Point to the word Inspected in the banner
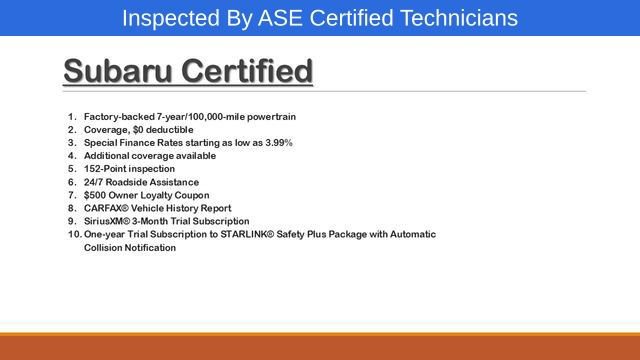click(x=169, y=18)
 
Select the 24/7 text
click(x=96, y=182)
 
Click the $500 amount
click(x=97, y=195)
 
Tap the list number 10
click(x=74, y=234)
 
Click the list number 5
click(x=72, y=169)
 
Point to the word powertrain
click(x=270, y=117)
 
